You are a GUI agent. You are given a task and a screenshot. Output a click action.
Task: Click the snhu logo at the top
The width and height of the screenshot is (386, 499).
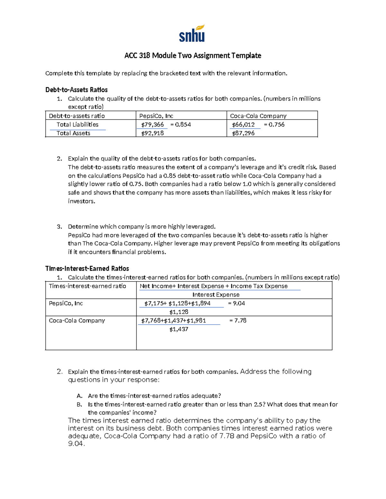pos(192,34)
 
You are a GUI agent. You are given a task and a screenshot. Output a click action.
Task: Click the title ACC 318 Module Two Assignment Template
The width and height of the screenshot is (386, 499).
pos(193,56)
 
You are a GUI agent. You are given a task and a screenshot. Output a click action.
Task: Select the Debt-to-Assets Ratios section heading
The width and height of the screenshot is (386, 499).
pos(76,90)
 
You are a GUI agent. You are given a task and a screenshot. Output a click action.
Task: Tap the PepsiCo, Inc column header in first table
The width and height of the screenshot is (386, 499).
pos(156,116)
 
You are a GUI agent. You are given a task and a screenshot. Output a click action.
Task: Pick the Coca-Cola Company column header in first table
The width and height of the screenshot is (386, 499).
pos(258,116)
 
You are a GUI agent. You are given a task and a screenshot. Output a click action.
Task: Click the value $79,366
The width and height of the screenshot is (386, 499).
pos(152,125)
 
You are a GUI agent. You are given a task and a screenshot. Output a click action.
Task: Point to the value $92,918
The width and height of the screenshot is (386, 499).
pos(152,133)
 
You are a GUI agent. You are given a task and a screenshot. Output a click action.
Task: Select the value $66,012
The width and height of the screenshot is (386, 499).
pos(243,125)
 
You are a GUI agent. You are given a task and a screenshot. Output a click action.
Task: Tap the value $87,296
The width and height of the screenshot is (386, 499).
pos(243,133)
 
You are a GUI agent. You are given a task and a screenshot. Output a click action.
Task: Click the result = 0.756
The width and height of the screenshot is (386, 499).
pos(274,125)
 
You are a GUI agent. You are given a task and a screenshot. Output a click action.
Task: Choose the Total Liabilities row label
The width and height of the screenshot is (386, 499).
pos(78,125)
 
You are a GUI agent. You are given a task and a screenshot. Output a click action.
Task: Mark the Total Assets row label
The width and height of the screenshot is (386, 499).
pos(73,133)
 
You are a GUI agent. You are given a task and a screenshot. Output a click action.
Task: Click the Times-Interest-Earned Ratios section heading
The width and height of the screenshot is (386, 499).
pos(87,269)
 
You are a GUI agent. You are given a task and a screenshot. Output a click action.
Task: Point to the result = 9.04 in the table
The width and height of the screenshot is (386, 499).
pos(236,303)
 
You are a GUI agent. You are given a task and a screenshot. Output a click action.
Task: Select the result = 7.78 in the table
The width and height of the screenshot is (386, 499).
pos(238,320)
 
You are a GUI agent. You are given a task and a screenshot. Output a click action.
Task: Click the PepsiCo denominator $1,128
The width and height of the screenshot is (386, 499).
pos(179,312)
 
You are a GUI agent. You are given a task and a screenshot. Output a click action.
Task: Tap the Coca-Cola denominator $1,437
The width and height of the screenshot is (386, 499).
pos(179,329)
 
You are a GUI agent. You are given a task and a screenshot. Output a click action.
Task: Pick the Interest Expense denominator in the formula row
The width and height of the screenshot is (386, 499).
pos(216,295)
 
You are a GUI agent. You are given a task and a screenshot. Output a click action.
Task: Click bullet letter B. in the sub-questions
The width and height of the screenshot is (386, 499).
pos(79,405)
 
